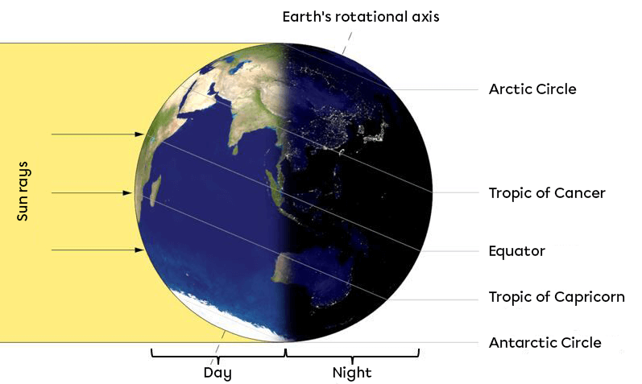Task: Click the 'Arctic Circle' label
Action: click(x=532, y=89)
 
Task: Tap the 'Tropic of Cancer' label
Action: click(x=546, y=193)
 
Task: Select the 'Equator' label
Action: click(x=516, y=251)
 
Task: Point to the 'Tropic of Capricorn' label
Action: click(x=556, y=297)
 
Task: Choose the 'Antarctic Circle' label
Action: click(x=545, y=343)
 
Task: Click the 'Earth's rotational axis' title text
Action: click(x=360, y=16)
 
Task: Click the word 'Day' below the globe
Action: click(x=217, y=373)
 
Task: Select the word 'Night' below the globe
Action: click(x=352, y=373)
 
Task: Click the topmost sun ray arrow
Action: click(x=97, y=134)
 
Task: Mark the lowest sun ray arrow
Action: click(x=97, y=250)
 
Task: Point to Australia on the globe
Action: click(x=306, y=278)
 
